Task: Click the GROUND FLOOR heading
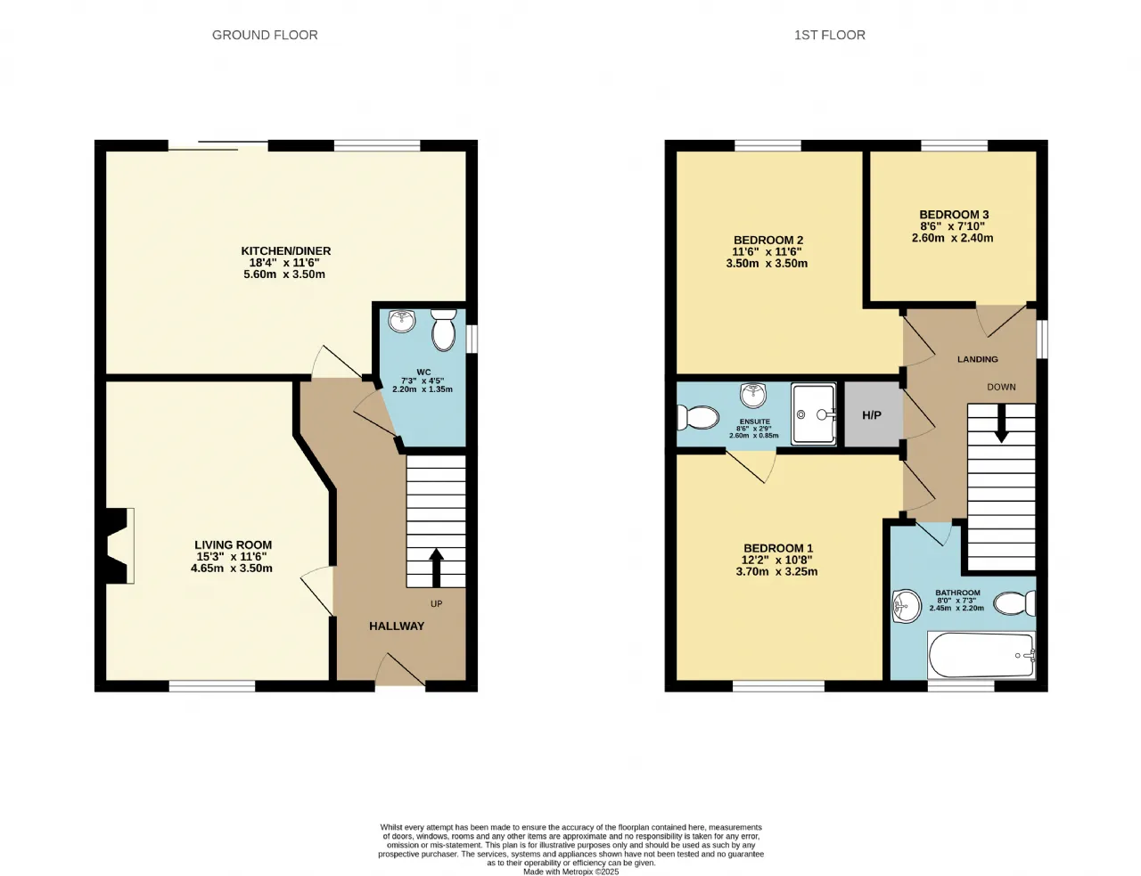click(265, 35)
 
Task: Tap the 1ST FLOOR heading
click(829, 35)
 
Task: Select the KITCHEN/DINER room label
click(285, 251)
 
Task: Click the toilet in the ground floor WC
click(443, 329)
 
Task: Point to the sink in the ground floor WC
click(402, 321)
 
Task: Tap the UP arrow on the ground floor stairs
click(436, 568)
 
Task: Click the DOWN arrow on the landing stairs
click(1001, 423)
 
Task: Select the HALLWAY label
click(397, 626)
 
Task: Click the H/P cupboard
click(872, 414)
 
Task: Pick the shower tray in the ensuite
click(813, 414)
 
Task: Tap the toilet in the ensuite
click(698, 417)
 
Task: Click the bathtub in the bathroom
click(981, 655)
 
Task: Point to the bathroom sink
click(907, 606)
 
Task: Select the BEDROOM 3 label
click(954, 215)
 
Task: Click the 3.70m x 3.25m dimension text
click(776, 571)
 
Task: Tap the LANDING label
click(977, 359)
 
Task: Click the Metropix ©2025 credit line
click(570, 872)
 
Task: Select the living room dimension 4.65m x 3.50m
click(232, 568)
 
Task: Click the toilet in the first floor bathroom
click(1014, 603)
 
